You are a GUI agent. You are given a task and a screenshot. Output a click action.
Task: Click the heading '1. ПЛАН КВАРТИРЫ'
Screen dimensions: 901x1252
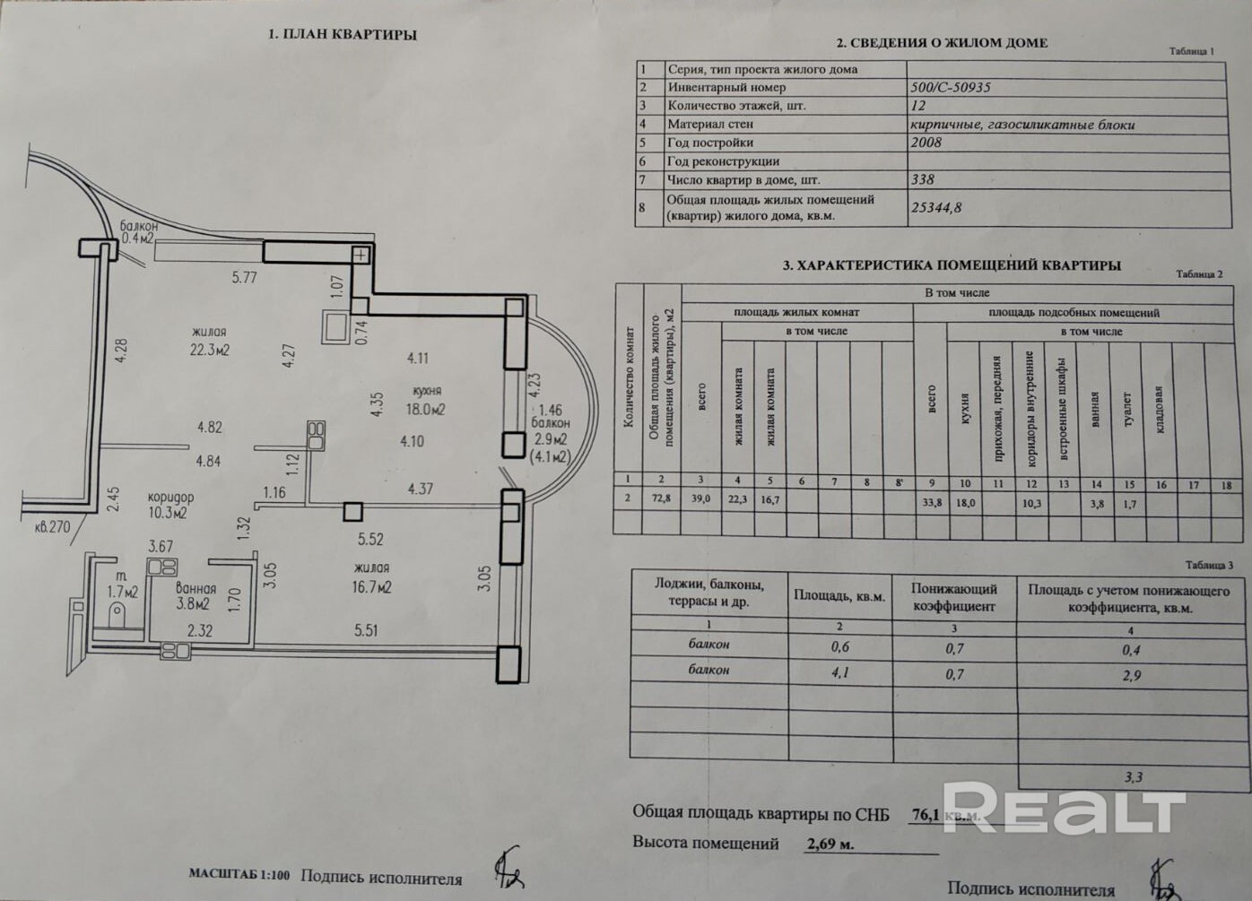point(343,35)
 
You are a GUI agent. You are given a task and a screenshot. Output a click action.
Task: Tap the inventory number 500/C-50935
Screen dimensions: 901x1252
point(951,88)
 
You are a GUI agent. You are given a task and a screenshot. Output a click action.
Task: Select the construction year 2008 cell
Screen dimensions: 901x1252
point(926,143)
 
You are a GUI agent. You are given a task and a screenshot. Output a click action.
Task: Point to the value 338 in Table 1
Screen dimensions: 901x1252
point(923,179)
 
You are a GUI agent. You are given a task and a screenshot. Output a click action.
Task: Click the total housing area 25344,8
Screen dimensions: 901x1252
point(936,207)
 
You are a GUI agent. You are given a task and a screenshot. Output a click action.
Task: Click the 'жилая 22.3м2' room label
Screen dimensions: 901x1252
point(209,341)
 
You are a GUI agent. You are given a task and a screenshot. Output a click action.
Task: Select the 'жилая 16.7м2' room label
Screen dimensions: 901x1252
point(371,578)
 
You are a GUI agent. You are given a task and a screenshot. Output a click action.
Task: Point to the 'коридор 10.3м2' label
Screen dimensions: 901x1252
point(170,506)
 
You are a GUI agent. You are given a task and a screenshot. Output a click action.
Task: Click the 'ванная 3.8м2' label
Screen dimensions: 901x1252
point(195,596)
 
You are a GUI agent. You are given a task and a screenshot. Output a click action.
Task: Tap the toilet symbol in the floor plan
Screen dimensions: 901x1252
point(117,614)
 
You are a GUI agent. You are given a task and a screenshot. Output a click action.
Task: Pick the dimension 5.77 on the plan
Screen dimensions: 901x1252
point(244,278)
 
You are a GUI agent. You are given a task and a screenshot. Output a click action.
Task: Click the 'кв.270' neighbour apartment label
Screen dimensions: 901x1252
point(52,527)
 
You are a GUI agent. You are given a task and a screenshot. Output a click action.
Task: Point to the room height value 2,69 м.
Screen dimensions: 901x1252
point(830,844)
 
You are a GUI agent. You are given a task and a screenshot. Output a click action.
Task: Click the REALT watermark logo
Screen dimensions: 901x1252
point(1063,810)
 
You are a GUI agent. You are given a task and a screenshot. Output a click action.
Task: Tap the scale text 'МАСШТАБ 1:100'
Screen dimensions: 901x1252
point(239,874)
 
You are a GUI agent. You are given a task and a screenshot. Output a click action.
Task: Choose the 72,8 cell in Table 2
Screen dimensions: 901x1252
point(662,500)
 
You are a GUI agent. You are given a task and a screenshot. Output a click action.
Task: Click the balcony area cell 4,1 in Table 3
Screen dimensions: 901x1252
point(840,670)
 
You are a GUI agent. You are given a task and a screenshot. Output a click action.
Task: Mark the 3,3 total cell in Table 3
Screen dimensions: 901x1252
point(1134,777)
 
